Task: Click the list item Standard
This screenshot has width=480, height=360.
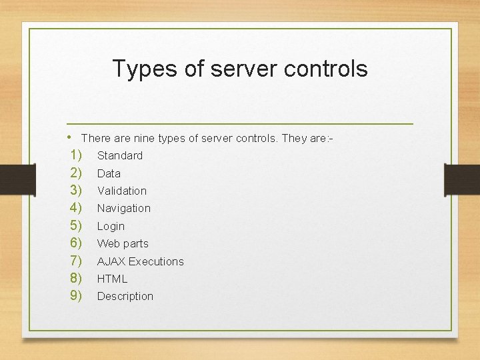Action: [x=120, y=155]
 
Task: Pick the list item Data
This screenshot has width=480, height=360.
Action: [x=109, y=173]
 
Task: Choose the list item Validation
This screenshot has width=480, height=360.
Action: [x=122, y=191]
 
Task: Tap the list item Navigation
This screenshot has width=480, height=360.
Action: [x=124, y=208]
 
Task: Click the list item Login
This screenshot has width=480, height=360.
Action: [x=111, y=226]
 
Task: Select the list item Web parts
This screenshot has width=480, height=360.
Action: [x=123, y=243]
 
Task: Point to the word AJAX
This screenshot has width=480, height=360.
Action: [x=111, y=261]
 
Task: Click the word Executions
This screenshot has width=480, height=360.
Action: [x=156, y=261]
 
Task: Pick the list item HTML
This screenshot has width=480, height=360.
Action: [x=112, y=279]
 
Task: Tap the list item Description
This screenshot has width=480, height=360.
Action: [x=125, y=296]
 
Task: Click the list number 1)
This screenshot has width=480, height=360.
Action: [x=75, y=155]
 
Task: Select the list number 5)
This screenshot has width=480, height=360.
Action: [x=75, y=226]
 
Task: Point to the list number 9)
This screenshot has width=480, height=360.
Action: [x=75, y=295]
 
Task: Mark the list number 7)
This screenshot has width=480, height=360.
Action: [x=75, y=261]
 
